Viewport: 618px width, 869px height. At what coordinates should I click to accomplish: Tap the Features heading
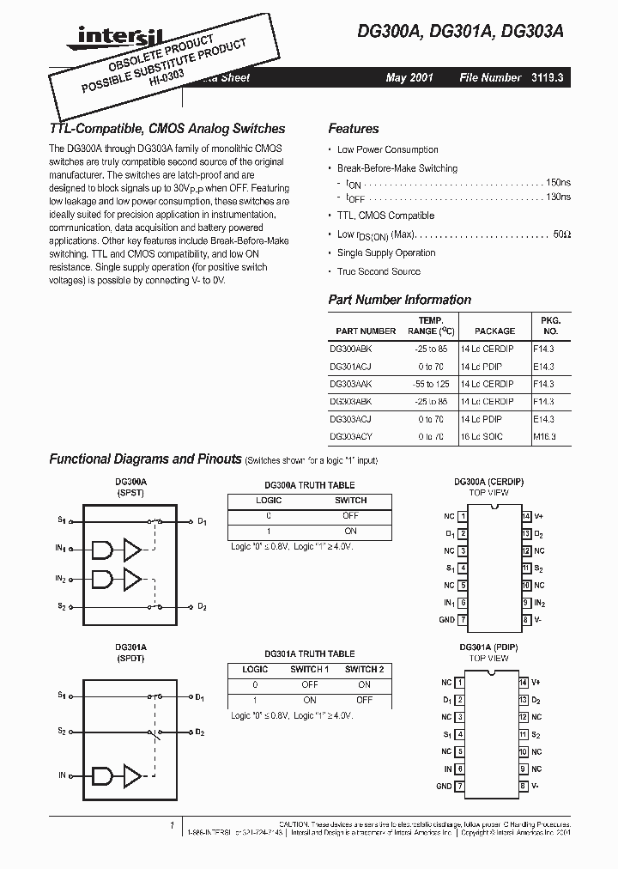tap(353, 129)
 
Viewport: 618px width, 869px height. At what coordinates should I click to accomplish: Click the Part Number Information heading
tap(399, 300)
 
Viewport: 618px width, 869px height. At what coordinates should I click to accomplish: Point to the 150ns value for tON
tap(557, 183)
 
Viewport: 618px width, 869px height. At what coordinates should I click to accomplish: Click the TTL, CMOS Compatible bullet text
tap(385, 216)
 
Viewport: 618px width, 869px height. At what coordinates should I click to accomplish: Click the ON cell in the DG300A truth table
tap(350, 531)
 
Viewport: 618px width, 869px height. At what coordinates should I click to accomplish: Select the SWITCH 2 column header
tap(364, 669)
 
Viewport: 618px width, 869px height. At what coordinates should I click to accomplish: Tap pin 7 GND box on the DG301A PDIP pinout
tap(462, 786)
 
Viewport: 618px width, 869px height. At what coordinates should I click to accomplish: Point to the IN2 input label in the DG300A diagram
tap(61, 580)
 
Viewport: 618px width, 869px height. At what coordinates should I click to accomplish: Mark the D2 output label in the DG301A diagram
tap(200, 732)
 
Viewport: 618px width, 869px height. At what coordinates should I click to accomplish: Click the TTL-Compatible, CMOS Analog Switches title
tap(167, 129)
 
